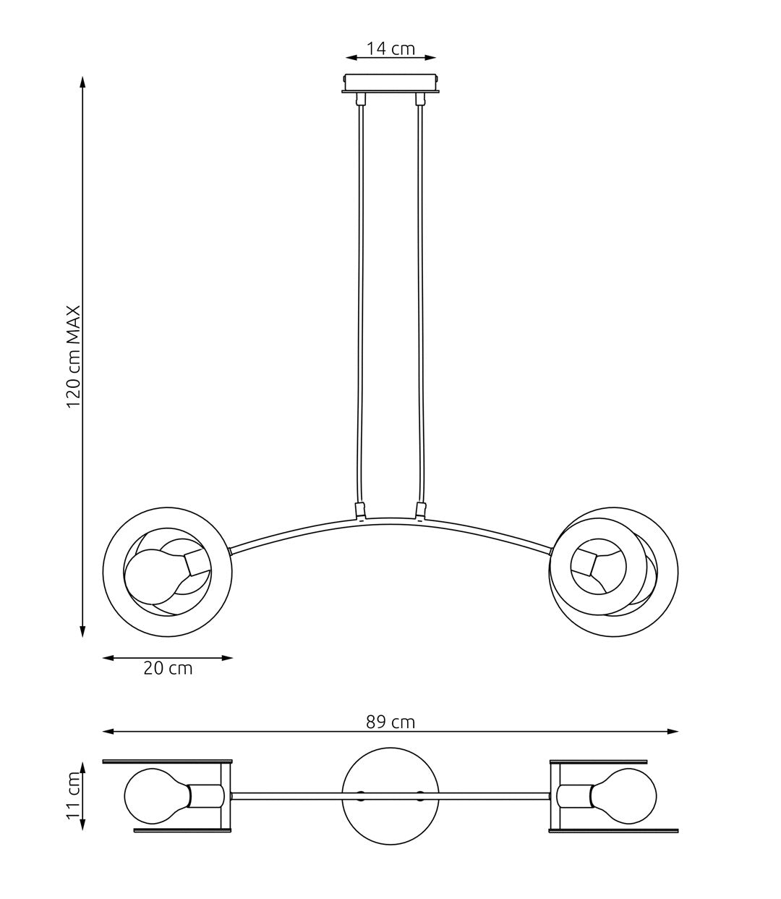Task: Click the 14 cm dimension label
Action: coord(390,48)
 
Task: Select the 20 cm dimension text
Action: coord(168,668)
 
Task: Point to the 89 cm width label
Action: coord(390,722)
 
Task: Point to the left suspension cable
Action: coord(360,304)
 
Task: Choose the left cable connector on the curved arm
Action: coord(359,512)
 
